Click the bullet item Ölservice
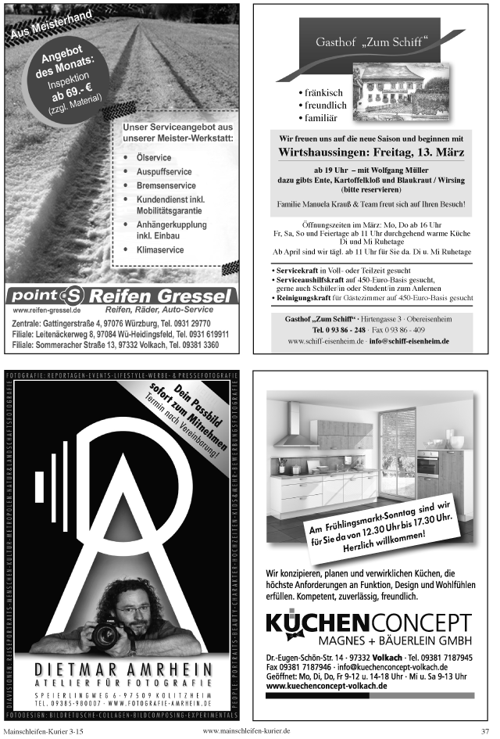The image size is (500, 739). click(x=153, y=158)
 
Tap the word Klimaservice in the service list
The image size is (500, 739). click(x=160, y=250)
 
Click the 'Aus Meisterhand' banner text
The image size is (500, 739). click(x=51, y=24)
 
